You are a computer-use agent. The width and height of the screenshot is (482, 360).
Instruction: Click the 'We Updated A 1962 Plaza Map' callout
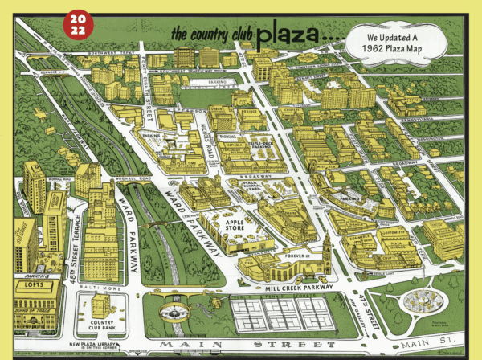pos(395,43)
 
